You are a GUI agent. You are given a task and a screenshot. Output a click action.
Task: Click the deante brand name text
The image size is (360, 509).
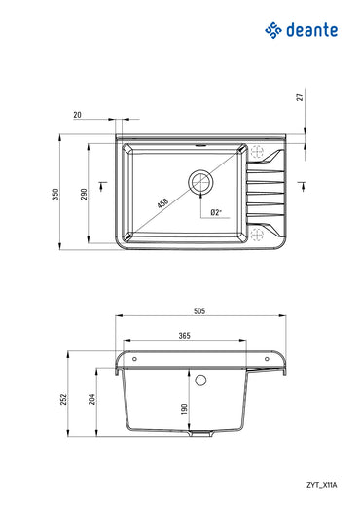(x=312, y=30)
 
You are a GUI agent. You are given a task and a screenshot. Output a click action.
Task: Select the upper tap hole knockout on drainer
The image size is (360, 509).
(x=258, y=152)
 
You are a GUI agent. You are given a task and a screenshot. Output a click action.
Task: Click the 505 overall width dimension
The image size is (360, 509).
(x=198, y=311)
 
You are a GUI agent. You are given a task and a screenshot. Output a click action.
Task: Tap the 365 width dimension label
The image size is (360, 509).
(x=184, y=336)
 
